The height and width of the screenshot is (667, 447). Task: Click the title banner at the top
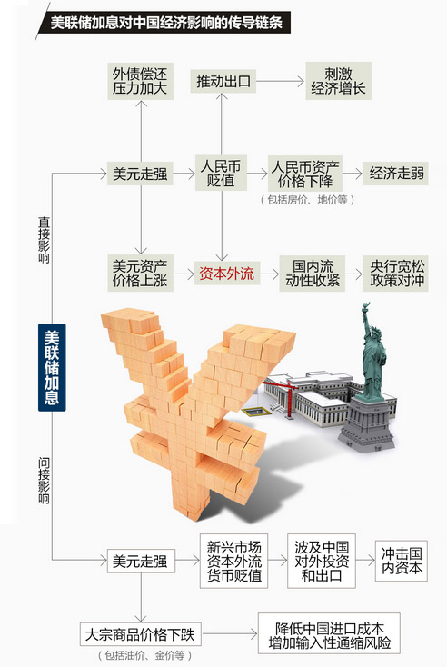pos(164,23)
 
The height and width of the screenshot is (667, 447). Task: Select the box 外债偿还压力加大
pos(140,81)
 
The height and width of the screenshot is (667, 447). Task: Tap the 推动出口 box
pos(223,81)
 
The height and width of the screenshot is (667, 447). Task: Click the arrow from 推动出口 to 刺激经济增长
pos(280,81)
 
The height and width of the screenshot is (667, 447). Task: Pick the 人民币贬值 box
pos(221,173)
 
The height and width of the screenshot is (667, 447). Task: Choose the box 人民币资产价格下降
pos(305,174)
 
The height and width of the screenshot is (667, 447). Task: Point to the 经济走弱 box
pos(395,174)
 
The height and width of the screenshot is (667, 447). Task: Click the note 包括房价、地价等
pos(307,200)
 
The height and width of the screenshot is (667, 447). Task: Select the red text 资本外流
pos(227,274)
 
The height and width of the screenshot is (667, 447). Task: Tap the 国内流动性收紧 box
pos(312,274)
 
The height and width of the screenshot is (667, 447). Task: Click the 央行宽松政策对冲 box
pos(395,274)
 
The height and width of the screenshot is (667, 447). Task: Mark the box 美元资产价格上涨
pos(140,274)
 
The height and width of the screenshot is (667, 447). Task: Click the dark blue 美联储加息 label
pos(52,367)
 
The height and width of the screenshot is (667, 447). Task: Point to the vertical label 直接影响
pos(44,240)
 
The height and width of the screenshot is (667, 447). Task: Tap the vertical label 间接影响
pos(44,480)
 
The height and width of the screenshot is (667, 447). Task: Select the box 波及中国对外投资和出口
pos(321,561)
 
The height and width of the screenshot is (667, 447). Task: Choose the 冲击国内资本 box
pos(401,561)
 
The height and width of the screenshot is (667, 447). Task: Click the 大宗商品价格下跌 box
pos(140,634)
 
